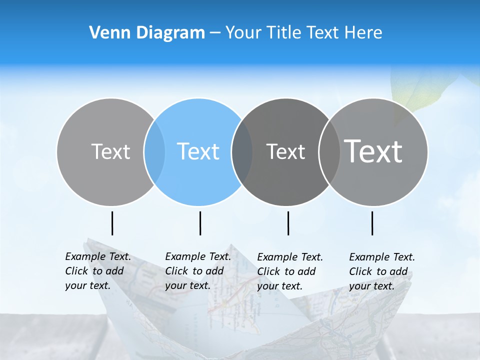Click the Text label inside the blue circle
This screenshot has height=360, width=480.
pos(198,151)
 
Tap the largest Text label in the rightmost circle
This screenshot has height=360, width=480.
pos(373,151)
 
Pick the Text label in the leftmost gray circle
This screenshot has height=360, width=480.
pos(111,151)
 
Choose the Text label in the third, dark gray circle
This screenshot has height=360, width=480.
pos(286,151)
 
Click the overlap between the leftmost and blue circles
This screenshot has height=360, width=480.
pos(154,152)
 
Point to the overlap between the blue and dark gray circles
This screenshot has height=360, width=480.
pos(242,152)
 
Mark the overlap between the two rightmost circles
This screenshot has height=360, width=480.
pos(329,152)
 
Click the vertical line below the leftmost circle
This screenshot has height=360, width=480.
pos(112,223)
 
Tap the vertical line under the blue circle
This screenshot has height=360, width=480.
pos(200,223)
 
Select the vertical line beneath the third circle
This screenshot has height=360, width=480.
pos(288,223)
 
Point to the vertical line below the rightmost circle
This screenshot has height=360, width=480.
pos(372,223)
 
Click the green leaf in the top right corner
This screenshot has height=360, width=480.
pos(420,90)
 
